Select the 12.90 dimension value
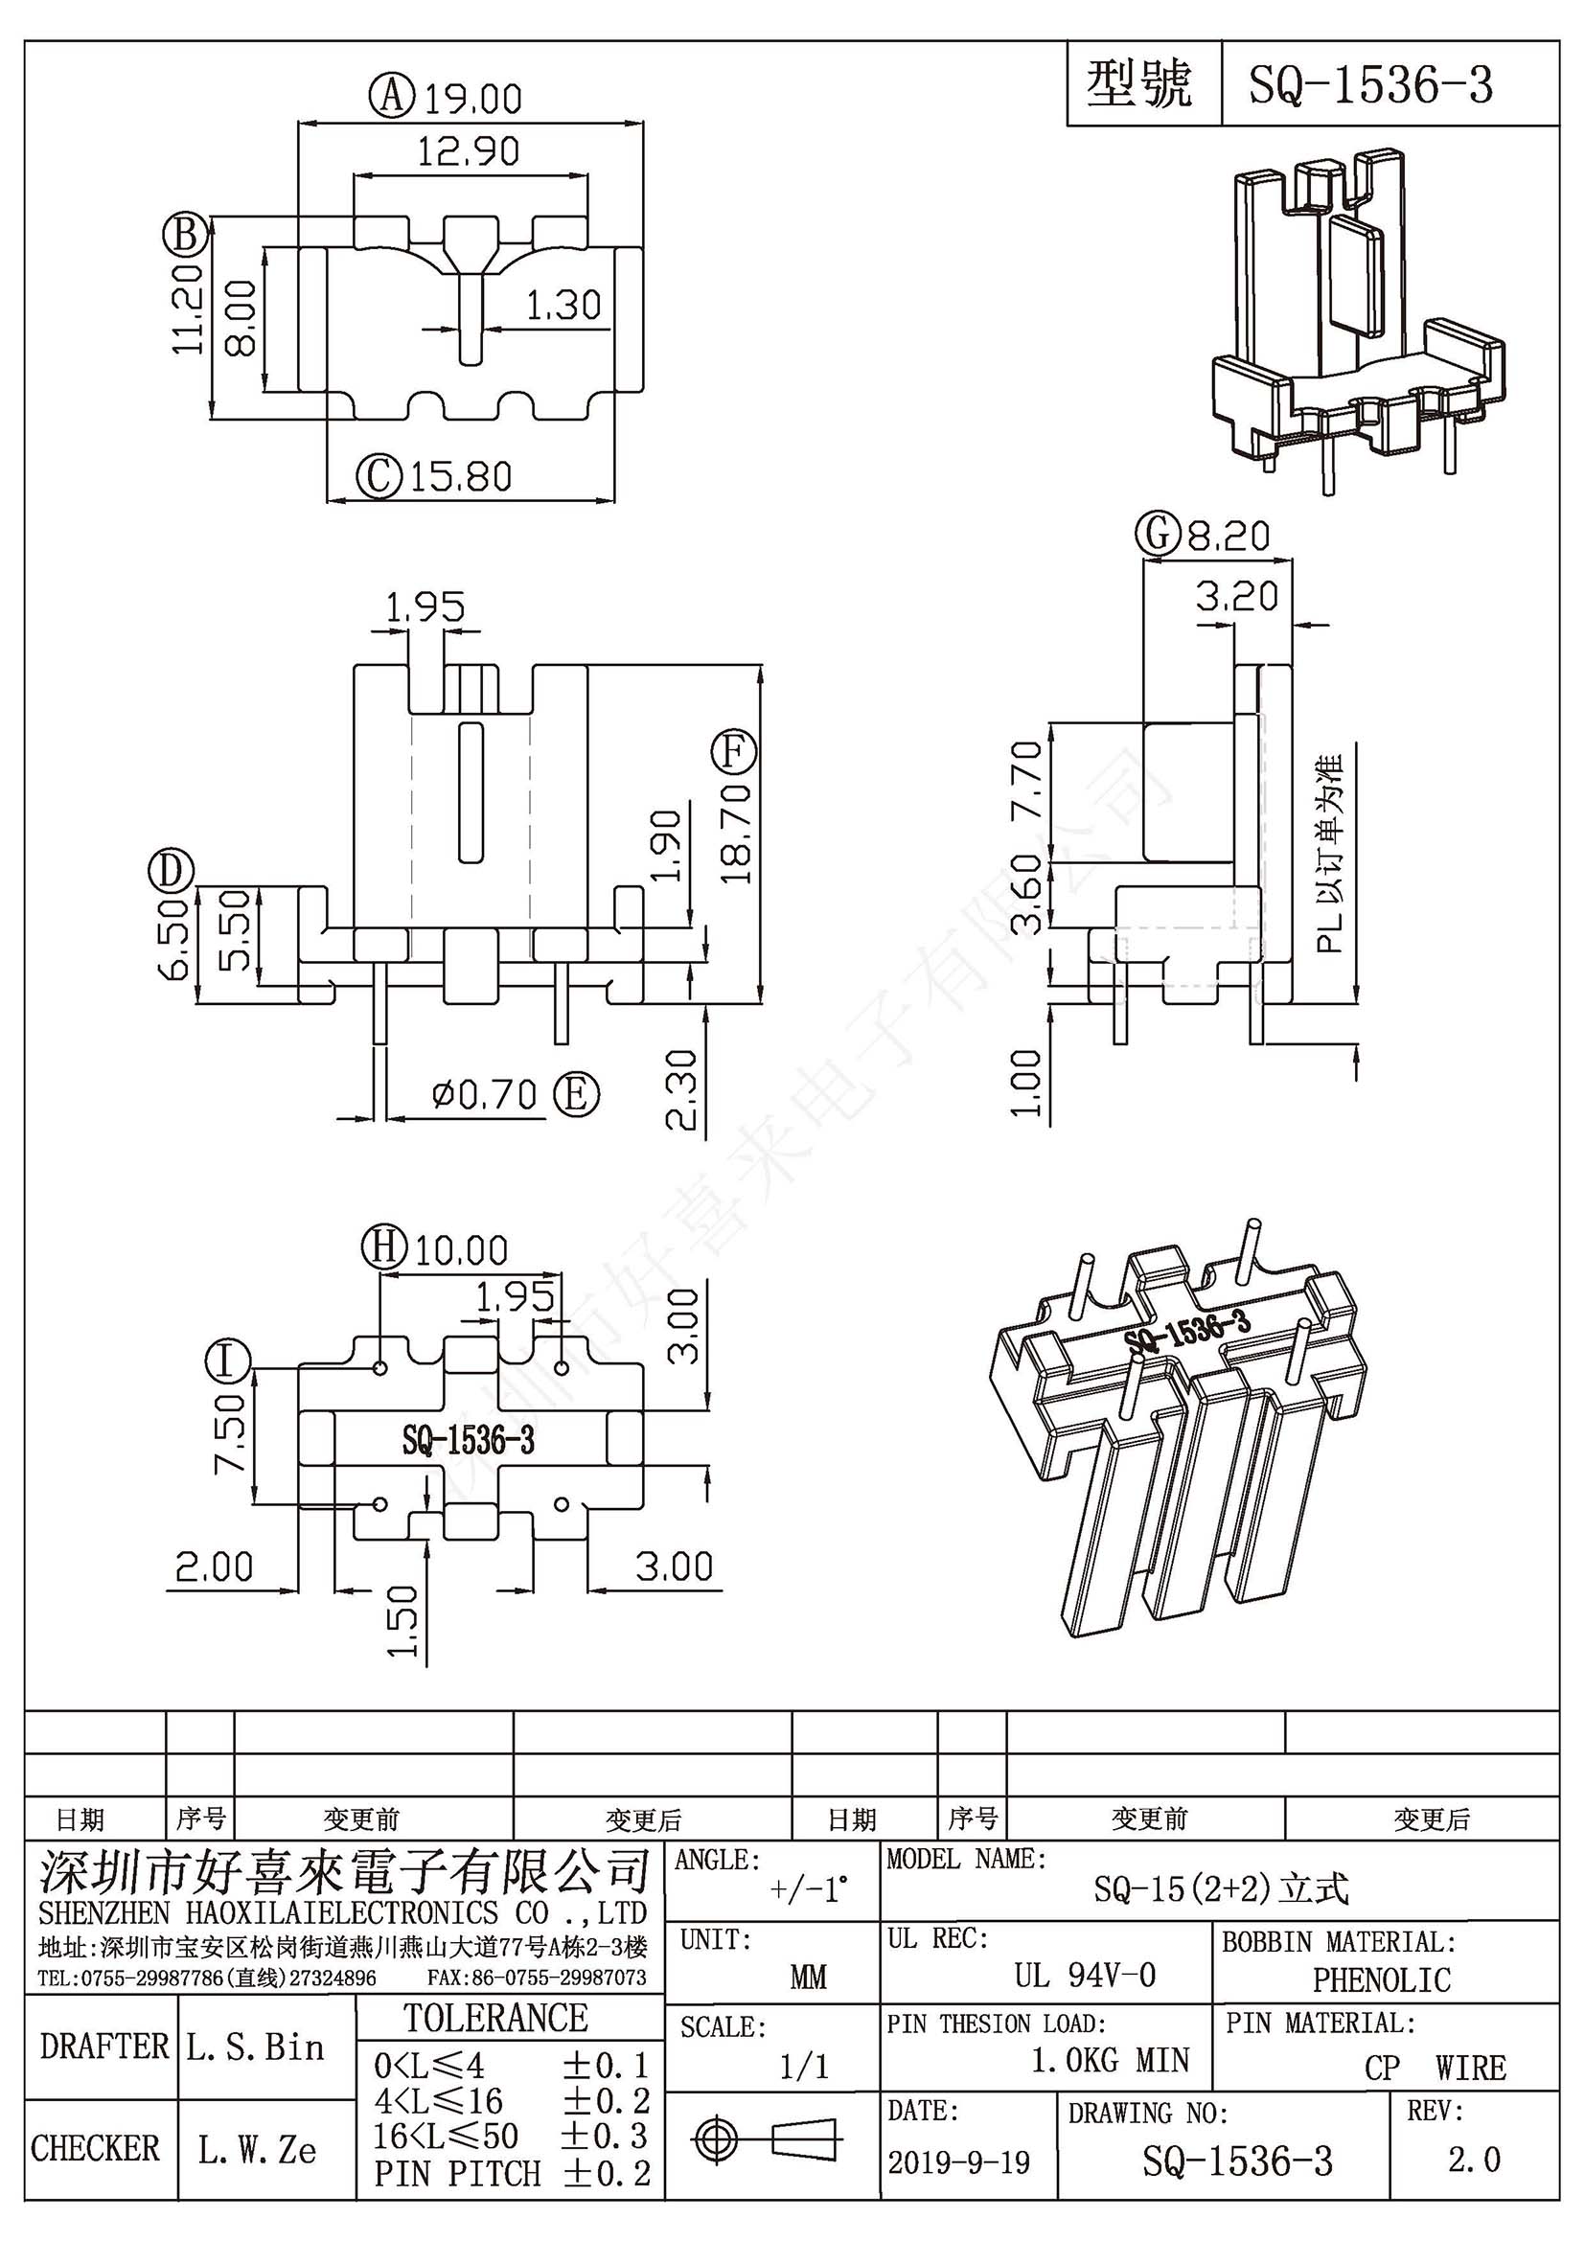click(469, 151)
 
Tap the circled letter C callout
click(379, 476)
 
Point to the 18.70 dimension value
click(738, 833)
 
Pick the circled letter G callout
click(1158, 536)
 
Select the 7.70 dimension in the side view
click(1026, 781)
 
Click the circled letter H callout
click(384, 1248)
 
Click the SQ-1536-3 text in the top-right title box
click(1371, 85)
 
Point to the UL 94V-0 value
click(1085, 1976)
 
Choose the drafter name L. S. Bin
click(255, 2047)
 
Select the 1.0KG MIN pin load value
click(1111, 2060)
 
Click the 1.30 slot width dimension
click(563, 306)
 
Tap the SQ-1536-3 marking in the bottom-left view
click(469, 1441)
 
